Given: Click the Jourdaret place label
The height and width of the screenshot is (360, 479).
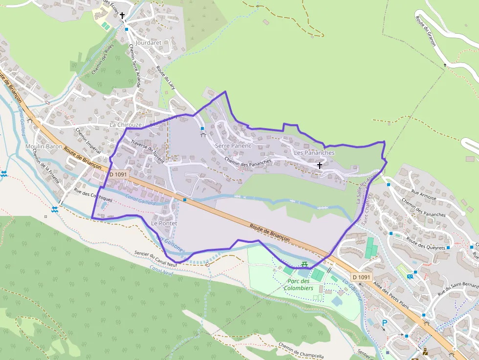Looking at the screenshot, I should click(x=149, y=43).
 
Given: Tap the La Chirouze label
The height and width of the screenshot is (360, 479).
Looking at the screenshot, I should click(x=125, y=125).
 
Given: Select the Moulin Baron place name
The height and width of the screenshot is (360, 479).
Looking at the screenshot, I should click(x=44, y=147).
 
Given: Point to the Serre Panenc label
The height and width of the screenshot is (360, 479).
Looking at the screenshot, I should click(x=233, y=146).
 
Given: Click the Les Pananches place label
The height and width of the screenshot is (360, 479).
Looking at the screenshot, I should click(x=314, y=153).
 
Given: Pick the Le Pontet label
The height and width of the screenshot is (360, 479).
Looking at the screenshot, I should click(x=164, y=223).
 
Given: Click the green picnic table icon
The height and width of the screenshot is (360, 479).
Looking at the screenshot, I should click(x=304, y=264).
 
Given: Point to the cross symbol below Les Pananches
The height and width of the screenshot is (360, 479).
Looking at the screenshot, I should click(x=320, y=165).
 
